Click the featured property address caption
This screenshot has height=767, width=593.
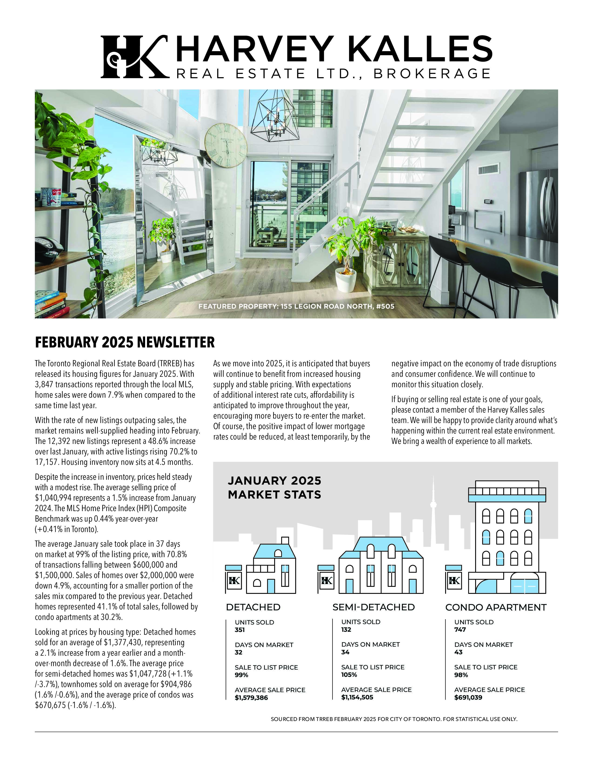pyautogui.click(x=296, y=306)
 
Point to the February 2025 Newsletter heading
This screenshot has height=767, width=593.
pyautogui.click(x=125, y=342)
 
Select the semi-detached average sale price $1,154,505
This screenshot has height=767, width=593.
pyautogui.click(x=357, y=697)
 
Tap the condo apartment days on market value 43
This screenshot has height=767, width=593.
pyautogui.click(x=458, y=652)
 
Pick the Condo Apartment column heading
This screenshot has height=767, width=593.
pyautogui.click(x=496, y=607)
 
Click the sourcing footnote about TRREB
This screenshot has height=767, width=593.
pyautogui.click(x=394, y=719)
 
